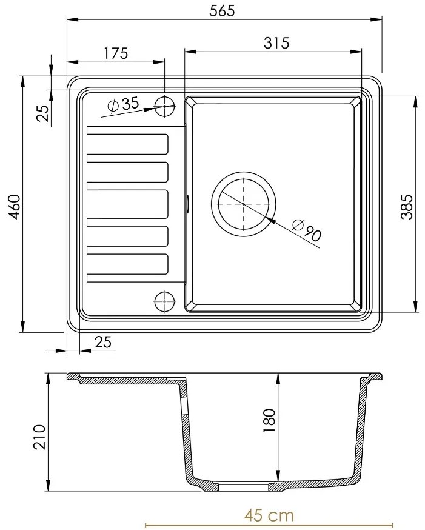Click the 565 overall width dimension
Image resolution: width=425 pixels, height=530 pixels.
222,10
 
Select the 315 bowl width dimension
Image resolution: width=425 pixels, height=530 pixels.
276,43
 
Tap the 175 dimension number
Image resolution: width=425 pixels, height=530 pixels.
116,53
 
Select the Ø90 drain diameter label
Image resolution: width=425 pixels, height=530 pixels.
307,230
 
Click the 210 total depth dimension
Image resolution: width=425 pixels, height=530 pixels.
39,437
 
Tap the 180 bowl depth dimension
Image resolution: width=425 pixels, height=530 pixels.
269,420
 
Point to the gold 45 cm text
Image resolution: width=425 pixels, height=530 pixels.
269,515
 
